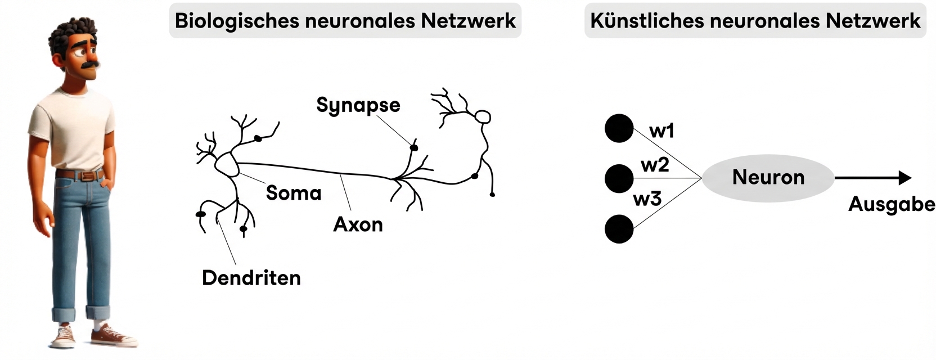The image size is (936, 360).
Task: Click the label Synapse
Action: pos(358,105)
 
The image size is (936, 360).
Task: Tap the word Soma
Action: pos(294,193)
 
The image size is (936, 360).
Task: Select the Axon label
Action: pos(358,224)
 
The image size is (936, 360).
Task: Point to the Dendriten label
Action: pos(251,278)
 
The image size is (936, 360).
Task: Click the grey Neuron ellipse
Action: pos(768,178)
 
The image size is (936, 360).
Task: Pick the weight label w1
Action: pos(661,131)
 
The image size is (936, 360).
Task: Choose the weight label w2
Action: pos(655,165)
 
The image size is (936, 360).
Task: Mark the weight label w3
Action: pos(647,199)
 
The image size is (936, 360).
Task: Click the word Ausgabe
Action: pos(892,204)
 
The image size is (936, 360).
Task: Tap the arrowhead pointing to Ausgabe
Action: pos(904,178)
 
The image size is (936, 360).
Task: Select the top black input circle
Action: pos(619,128)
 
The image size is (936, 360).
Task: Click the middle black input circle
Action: pos(619,178)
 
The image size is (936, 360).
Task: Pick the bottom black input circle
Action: pos(619,229)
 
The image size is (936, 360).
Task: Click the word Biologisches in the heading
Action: pos(236,21)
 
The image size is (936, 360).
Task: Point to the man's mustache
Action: pos(90,65)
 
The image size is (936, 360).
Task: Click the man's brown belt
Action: pos(80,175)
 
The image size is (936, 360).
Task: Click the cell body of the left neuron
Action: pos(227,164)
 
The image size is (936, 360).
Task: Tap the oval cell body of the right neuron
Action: pos(483,117)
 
